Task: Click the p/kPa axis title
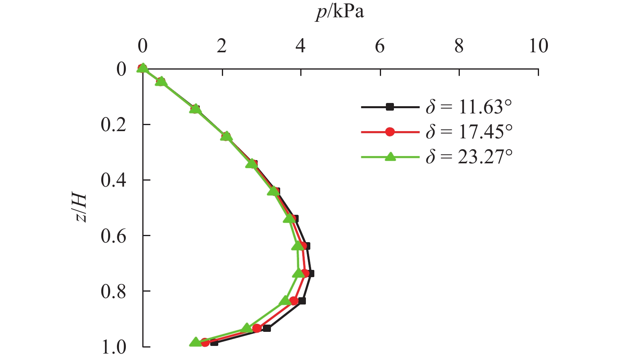click(x=340, y=12)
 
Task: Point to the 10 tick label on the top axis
click(x=538, y=47)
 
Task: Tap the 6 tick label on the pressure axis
click(x=380, y=47)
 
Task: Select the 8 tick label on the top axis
click(x=459, y=47)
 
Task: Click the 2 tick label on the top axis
click(x=221, y=47)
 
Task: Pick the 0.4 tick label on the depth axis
click(x=113, y=181)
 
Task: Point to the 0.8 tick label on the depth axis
click(x=113, y=292)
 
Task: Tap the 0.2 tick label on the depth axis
click(x=113, y=125)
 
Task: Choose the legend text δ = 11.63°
click(x=469, y=107)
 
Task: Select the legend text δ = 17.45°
click(x=469, y=132)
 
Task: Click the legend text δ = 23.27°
click(x=469, y=157)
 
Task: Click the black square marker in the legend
click(x=389, y=107)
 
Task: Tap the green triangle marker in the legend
click(x=389, y=157)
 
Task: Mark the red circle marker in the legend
click(x=389, y=132)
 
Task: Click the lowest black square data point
click(x=214, y=342)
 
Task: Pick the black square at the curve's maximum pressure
click(x=310, y=274)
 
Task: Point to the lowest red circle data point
click(x=205, y=342)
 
